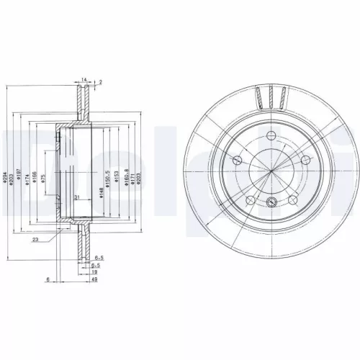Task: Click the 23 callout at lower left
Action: [x=35, y=240]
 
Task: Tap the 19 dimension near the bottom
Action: [x=95, y=273]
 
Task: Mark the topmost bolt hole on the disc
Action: [x=270, y=141]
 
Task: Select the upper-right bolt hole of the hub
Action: [x=305, y=161]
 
